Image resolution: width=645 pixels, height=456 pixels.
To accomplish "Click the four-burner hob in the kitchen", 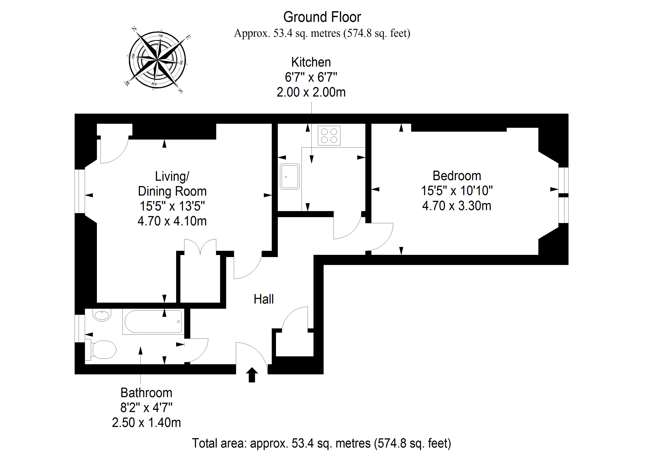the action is pos(329,136).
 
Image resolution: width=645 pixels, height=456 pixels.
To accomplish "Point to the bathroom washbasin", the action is pos(103,315).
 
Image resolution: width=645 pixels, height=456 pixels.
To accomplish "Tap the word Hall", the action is pos(263,299).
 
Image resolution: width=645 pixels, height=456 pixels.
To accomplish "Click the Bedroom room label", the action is pos(457,176).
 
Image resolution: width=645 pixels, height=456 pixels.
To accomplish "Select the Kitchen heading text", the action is pos(311,62).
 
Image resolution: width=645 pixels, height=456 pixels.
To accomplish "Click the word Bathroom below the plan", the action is pos(146,393).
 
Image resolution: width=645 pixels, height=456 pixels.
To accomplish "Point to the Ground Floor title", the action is pos(322,17).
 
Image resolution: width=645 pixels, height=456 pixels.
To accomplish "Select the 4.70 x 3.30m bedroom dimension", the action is pos(457,206).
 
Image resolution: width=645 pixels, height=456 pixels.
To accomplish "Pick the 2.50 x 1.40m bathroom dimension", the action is pos(146,423).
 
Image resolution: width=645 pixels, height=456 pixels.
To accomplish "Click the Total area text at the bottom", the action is pos(322,443).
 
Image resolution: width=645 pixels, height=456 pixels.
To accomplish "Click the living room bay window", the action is pos(80,191).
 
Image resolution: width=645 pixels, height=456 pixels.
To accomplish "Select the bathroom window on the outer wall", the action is pos(80,328).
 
